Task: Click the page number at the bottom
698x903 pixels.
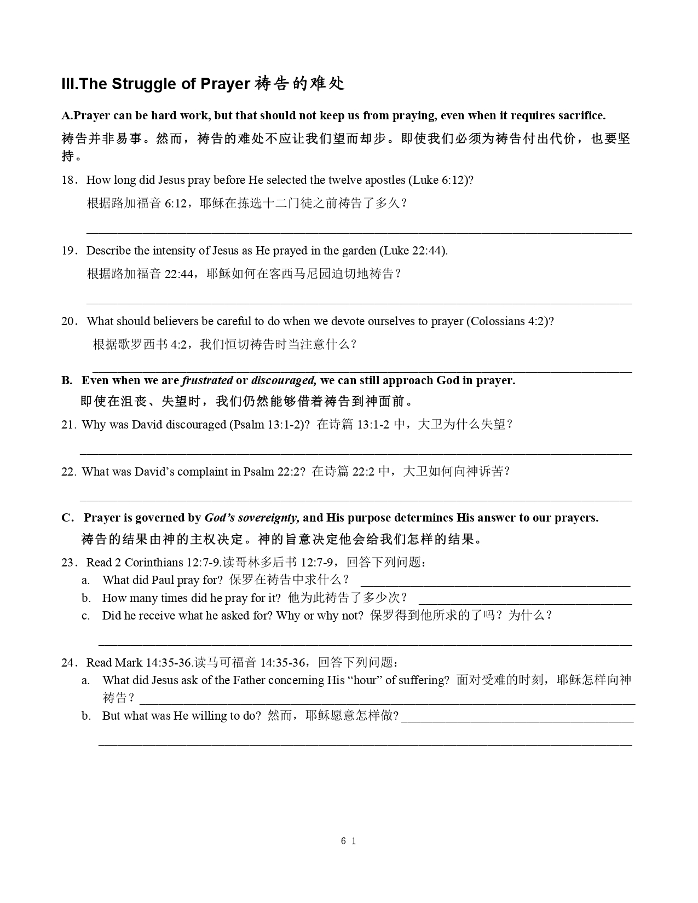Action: [348, 841]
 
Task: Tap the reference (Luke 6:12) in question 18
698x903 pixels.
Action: [441, 180]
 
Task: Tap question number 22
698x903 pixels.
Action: [68, 472]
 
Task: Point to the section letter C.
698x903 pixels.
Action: [67, 518]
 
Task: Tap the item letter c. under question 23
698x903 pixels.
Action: [85, 616]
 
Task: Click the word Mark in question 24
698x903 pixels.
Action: [129, 663]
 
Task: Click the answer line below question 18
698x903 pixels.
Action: [359, 233]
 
